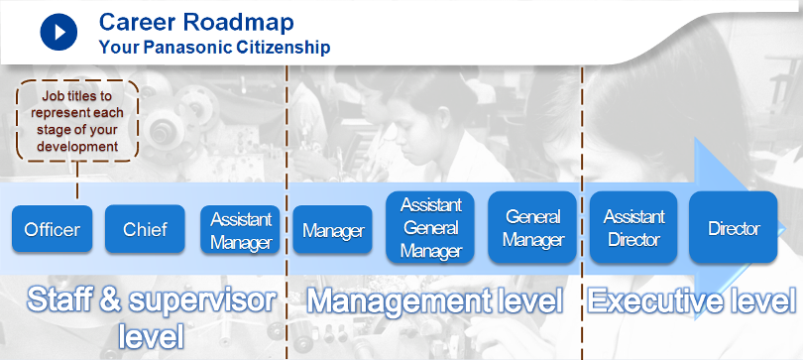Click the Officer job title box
click(53, 229)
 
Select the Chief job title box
click(145, 229)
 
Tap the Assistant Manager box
click(240, 230)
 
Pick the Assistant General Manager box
click(430, 227)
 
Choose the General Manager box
click(532, 227)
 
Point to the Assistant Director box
click(633, 227)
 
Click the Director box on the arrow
click(734, 227)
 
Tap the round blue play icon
click(58, 32)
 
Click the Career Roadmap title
click(196, 22)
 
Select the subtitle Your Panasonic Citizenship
click(214, 48)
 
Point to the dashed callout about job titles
click(77, 121)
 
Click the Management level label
click(435, 301)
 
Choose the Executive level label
click(692, 300)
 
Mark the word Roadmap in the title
click(239, 23)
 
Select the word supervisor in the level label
click(202, 302)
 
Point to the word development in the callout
click(77, 147)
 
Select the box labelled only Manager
click(332, 230)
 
